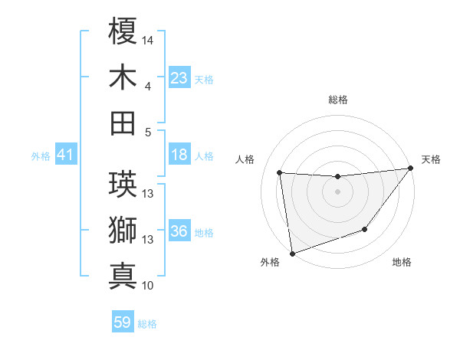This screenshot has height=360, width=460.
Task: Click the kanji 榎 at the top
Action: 123,31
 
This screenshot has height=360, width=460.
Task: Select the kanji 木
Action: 123,77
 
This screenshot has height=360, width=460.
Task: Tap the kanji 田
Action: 123,123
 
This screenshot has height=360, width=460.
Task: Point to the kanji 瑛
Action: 123,185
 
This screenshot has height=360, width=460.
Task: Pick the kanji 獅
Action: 123,231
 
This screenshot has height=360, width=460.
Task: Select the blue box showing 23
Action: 179,78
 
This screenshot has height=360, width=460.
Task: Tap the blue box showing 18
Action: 179,155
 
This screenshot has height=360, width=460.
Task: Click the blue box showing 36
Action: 179,232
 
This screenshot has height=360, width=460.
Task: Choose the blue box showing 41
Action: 66,155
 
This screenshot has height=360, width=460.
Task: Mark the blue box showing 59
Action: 123,322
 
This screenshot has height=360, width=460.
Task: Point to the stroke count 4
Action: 148,86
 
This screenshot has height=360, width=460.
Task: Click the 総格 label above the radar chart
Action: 337,100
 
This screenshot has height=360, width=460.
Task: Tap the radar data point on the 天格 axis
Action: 410,169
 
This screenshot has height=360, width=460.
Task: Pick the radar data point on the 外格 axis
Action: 292,253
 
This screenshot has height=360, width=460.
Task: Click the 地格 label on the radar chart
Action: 402,263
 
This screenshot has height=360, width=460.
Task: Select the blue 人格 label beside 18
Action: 204,156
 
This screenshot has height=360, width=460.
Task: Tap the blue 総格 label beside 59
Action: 147,324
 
